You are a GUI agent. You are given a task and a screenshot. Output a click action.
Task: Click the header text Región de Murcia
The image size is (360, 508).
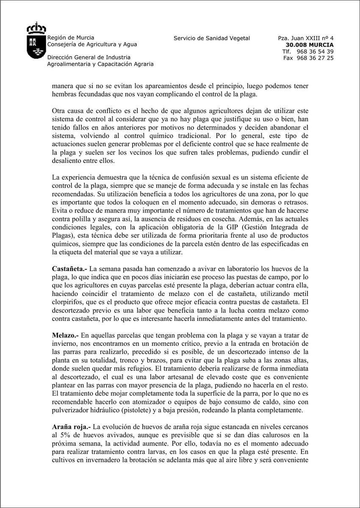pyautogui.click(x=71, y=38)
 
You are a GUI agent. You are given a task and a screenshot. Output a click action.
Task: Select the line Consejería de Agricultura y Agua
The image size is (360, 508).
pyautogui.click(x=92, y=44)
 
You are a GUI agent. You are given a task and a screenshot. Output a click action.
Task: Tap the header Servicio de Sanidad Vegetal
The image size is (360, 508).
pyautogui.click(x=212, y=38)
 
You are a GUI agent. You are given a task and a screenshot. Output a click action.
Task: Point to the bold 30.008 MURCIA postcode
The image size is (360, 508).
pyautogui.click(x=310, y=44)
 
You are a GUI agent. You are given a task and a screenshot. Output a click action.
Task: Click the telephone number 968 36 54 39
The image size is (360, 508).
pyautogui.click(x=315, y=51)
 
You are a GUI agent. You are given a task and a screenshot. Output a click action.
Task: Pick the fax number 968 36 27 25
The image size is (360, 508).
pyautogui.click(x=315, y=58)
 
